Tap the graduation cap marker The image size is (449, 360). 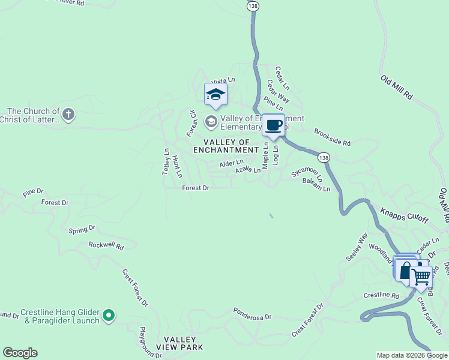click(x=215, y=94)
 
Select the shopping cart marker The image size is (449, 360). click(x=421, y=277)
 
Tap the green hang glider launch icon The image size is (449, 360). click(x=108, y=315)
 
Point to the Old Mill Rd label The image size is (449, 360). click(x=397, y=88)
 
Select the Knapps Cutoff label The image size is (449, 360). click(x=405, y=215)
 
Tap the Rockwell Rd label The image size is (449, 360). click(x=106, y=245)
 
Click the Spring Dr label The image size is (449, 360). click(x=82, y=229)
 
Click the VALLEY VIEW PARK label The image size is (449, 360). click(x=179, y=343)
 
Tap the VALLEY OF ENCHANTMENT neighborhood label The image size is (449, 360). click(x=226, y=146)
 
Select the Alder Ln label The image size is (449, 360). click(x=231, y=163)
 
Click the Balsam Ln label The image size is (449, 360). click(x=316, y=185)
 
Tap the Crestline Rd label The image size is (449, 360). click(x=381, y=296)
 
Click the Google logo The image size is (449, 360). click(x=20, y=353)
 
